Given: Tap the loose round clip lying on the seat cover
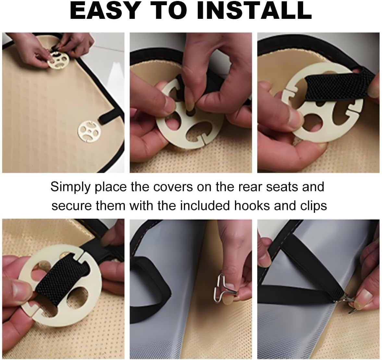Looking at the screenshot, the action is pos(89,131).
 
